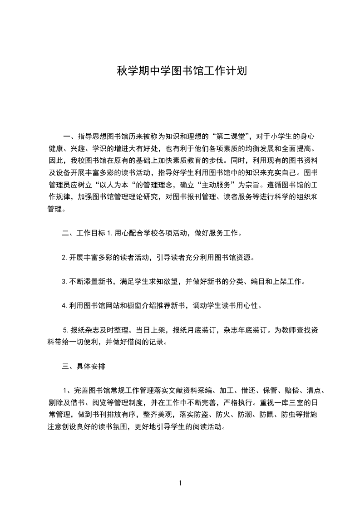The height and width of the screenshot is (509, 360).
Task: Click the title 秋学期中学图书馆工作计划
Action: pos(182,71)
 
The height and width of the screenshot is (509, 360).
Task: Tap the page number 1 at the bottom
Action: pos(180,483)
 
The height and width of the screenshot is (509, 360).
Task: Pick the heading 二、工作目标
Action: pos(84,234)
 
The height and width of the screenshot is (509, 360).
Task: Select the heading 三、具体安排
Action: pos(84,366)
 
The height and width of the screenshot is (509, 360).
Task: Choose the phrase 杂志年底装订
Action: pos(246,330)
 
